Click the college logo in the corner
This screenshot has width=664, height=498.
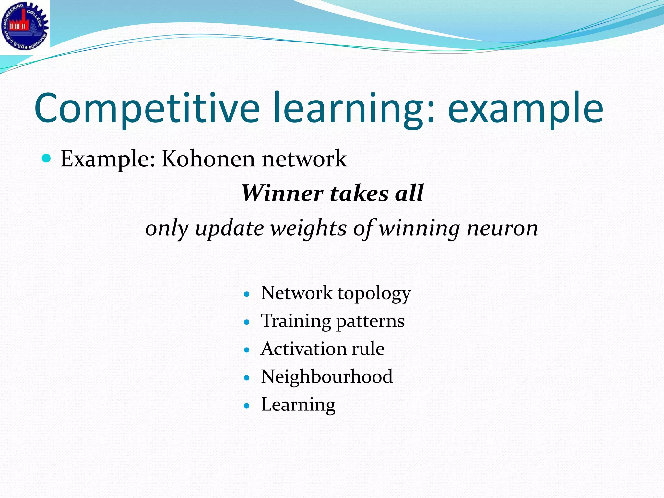pos(25,26)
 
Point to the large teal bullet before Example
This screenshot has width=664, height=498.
pos(47,158)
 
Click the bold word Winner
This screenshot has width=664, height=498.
pos(282,193)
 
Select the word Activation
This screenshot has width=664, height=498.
pos(303,349)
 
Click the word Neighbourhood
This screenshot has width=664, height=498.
pos(327,377)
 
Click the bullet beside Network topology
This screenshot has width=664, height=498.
pos(247,294)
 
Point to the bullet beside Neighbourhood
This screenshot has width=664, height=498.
pos(247,378)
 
